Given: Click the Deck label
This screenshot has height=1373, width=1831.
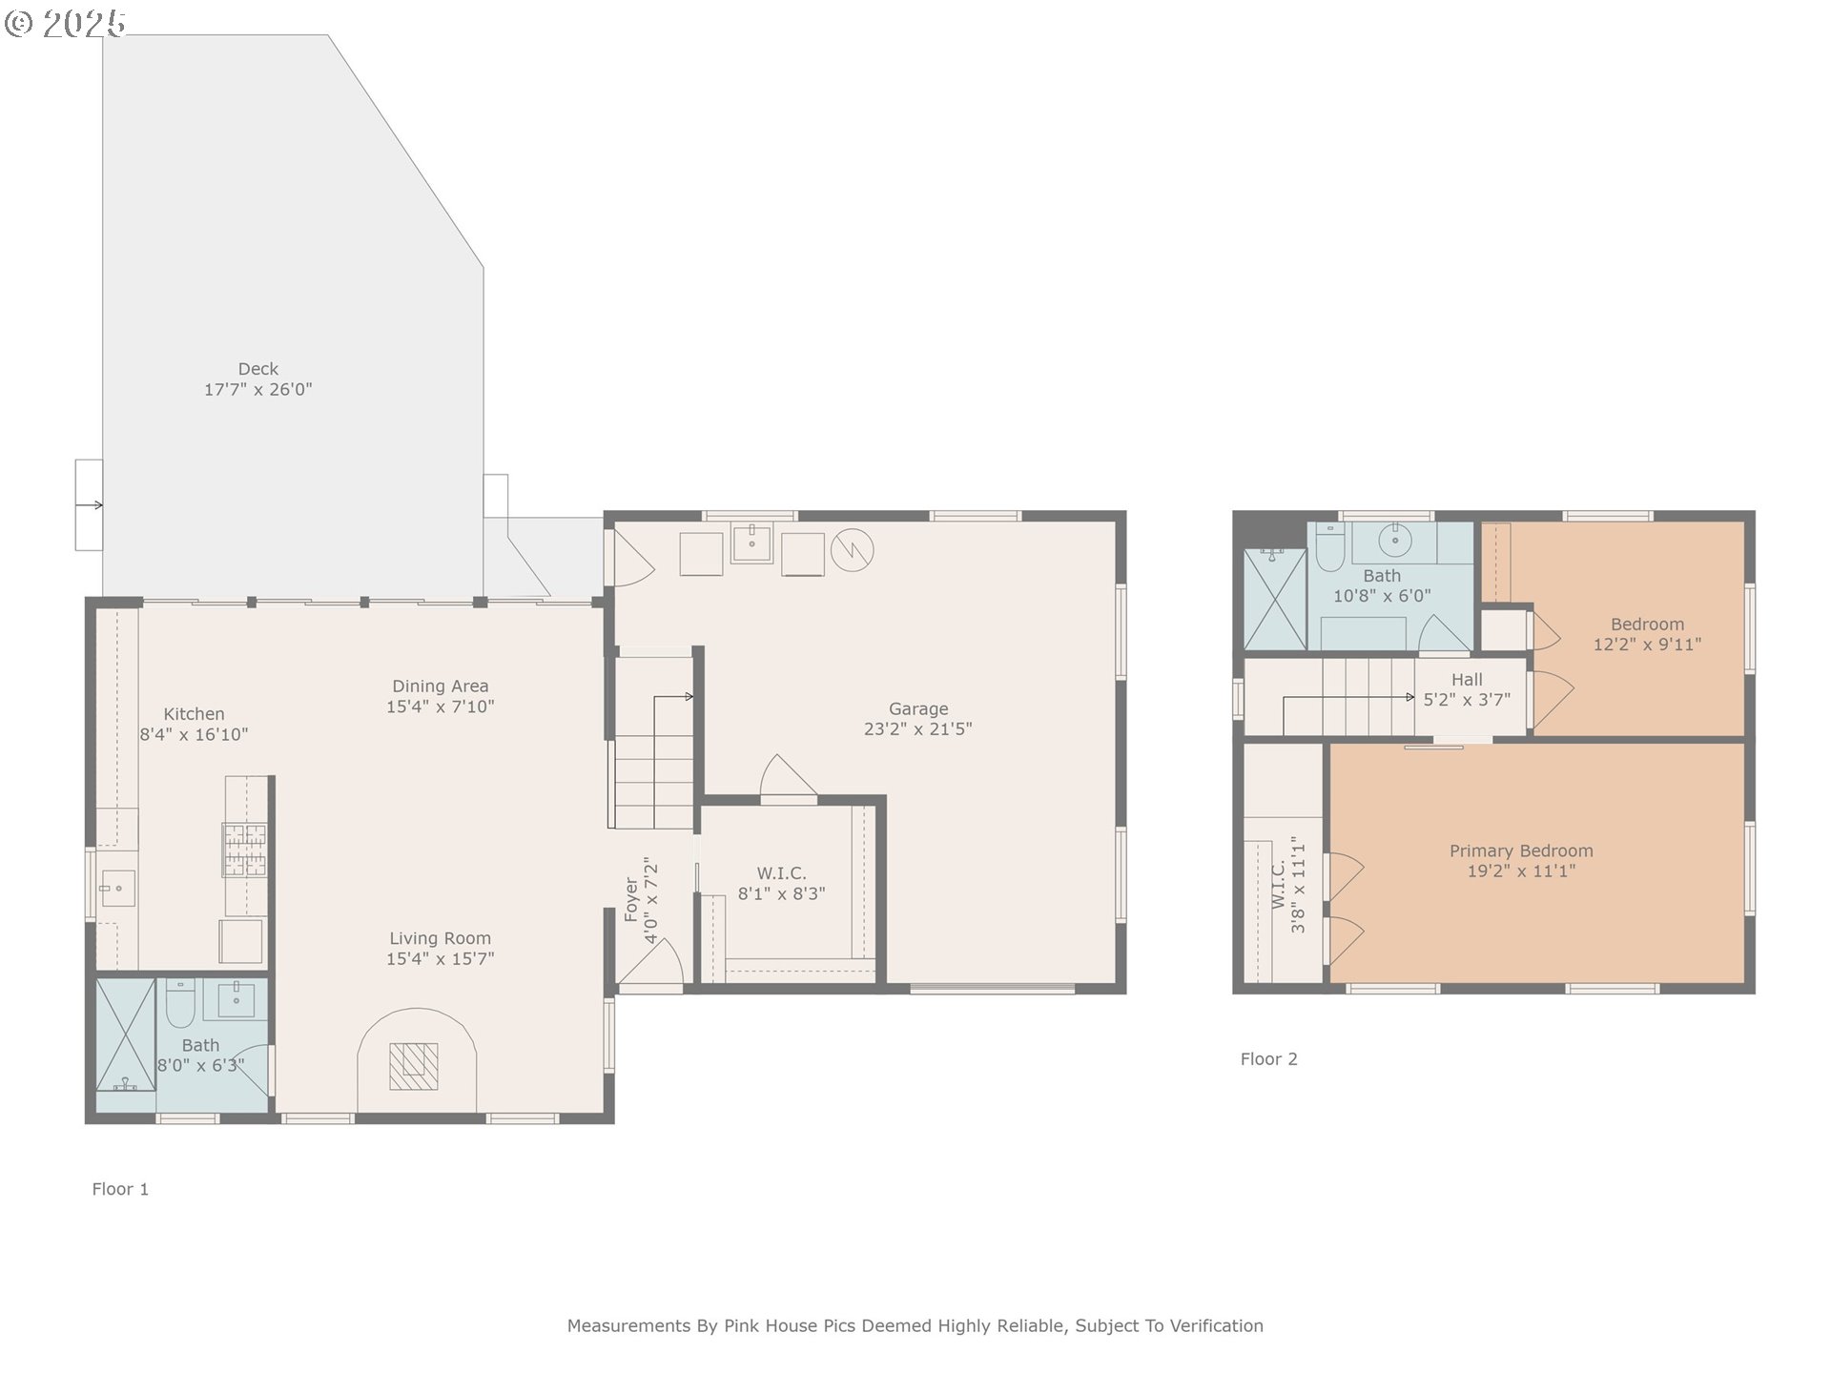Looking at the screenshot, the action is click(258, 369).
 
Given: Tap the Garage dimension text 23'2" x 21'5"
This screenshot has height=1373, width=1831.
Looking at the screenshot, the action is click(918, 729).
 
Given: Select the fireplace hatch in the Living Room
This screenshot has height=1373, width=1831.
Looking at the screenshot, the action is click(414, 1066).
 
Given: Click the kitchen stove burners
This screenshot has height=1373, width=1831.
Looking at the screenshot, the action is click(245, 850).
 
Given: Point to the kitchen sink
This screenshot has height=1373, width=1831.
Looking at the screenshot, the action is click(117, 889).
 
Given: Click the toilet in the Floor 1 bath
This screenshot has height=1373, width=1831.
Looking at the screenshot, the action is click(180, 1002).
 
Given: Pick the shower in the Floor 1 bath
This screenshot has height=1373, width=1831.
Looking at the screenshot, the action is click(125, 1035).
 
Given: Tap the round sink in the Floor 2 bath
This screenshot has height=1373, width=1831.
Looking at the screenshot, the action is click(1395, 540).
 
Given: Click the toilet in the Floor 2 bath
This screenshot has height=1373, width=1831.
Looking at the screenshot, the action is click(1330, 546).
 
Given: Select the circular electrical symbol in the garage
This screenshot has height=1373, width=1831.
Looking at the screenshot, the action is click(853, 550).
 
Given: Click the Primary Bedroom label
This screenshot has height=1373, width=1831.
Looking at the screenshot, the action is click(1521, 850).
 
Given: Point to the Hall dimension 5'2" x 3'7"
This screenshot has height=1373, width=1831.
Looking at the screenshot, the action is click(1467, 700).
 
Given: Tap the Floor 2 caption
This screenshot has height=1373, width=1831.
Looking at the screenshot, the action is click(1268, 1059).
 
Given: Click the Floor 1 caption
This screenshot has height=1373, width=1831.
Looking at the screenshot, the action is click(120, 1189).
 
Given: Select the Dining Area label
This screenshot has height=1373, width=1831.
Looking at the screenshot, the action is click(441, 686).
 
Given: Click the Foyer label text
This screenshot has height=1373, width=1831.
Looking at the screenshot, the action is click(631, 900).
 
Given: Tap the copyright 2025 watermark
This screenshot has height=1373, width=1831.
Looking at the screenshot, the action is click(65, 23).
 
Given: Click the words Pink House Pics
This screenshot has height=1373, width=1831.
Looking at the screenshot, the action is click(791, 1325).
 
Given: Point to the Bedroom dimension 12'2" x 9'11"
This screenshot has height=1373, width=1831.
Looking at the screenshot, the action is click(1647, 645).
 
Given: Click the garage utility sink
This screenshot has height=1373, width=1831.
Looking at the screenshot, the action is click(751, 543).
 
